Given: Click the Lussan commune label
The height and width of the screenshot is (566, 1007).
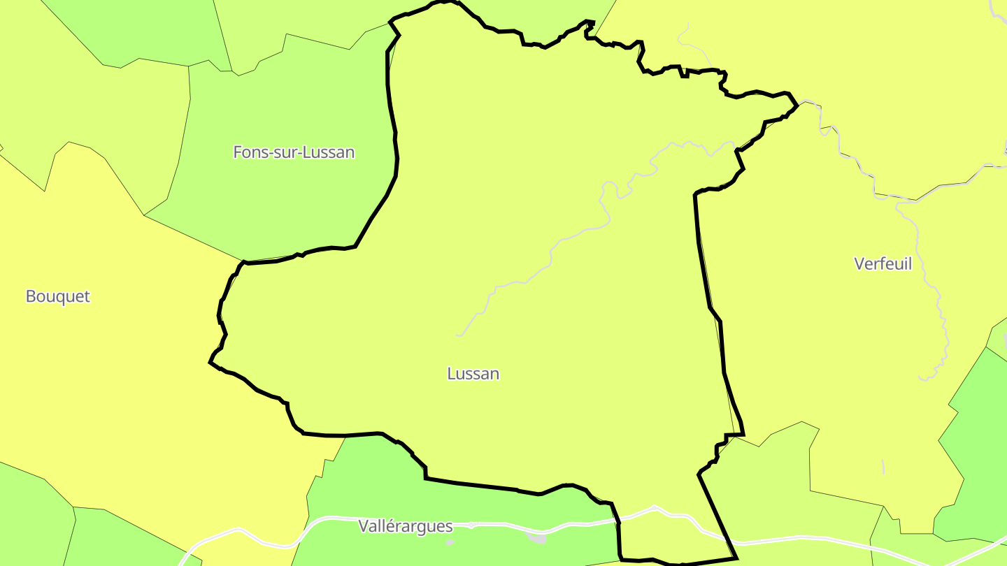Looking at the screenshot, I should (x=473, y=374).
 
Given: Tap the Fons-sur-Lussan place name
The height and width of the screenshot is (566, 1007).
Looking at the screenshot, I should (x=294, y=152).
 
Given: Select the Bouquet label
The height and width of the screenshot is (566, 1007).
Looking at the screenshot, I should (x=58, y=296).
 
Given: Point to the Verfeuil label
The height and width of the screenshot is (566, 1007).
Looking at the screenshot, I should (x=883, y=264).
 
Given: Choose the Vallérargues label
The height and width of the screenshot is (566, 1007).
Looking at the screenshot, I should (x=406, y=526).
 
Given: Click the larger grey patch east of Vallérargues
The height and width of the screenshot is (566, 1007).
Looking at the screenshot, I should (x=537, y=538).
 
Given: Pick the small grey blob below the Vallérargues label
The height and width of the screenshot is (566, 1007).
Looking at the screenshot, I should (x=450, y=542).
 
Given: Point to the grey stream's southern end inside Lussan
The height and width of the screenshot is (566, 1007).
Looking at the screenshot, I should (x=459, y=335).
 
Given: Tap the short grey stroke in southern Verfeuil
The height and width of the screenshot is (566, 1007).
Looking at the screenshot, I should (x=883, y=466).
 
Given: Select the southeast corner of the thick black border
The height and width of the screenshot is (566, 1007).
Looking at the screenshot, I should (x=736, y=558).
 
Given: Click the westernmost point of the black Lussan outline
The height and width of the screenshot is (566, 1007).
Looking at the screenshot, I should (x=210, y=362).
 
